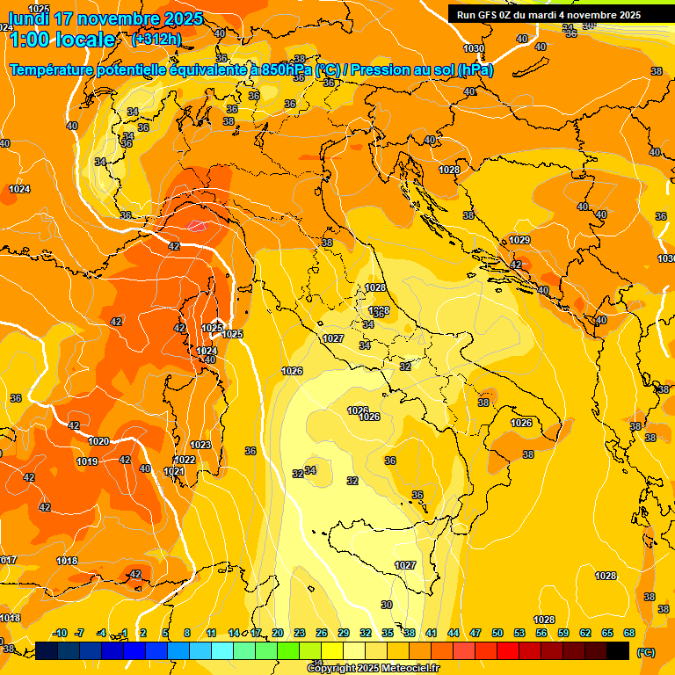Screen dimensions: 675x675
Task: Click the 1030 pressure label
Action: [474, 48]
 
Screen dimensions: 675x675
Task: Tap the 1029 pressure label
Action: [519, 240]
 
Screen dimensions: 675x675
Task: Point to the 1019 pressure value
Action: [87, 461]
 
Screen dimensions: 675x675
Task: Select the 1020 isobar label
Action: [99, 441]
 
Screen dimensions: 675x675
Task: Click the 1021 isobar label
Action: [175, 471]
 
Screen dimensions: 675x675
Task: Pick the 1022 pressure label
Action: [185, 460]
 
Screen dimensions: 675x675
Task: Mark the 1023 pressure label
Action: [200, 445]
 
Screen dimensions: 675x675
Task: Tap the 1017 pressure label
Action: [8, 560]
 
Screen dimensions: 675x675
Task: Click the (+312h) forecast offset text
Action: [156, 39]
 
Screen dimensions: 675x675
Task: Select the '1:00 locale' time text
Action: [62, 40]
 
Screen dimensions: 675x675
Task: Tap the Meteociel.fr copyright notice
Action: [373, 669]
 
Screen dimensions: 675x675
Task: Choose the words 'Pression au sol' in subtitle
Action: [404, 70]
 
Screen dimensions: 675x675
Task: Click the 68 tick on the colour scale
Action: [629, 633]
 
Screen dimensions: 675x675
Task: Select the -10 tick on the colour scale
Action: [60, 633]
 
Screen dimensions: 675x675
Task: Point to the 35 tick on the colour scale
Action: [388, 633]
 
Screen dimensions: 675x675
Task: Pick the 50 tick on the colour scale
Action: [497, 633]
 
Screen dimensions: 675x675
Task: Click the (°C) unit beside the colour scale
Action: [645, 652]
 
